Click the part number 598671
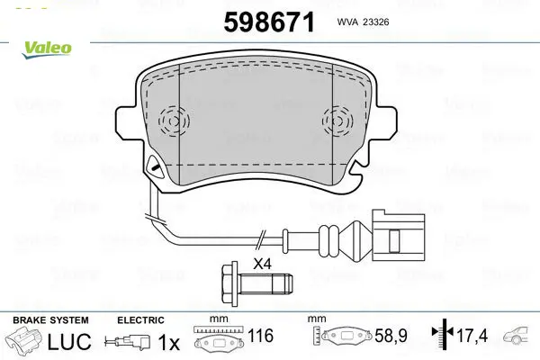click(269, 22)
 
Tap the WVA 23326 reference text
click(364, 22)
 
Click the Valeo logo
click(47, 49)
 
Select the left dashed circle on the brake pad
click(174, 121)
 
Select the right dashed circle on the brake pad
click(337, 121)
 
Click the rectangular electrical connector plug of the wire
click(398, 234)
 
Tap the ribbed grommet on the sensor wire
click(328, 240)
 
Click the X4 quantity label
click(263, 265)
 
